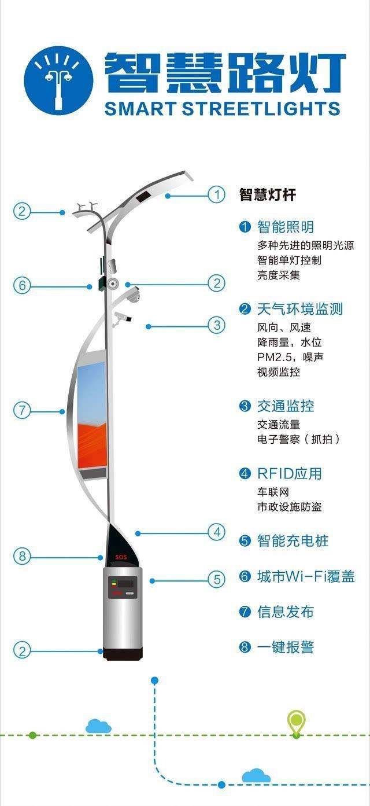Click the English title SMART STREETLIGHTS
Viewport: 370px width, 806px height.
tap(222, 109)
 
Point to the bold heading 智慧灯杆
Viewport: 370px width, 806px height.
tap(268, 195)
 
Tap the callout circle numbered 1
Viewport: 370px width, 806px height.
tap(216, 195)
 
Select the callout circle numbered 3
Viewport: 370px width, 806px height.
tap(216, 326)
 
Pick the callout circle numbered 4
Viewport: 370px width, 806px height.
tap(216, 532)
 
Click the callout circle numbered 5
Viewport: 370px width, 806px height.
tap(216, 579)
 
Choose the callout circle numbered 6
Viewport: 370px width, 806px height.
tap(22, 286)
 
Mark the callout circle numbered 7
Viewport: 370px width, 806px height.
tap(22, 411)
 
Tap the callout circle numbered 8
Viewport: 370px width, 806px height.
tap(22, 557)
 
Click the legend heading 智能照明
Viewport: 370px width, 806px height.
tap(285, 227)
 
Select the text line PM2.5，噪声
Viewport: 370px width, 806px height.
tap(290, 357)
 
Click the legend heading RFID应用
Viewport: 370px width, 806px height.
tap(289, 474)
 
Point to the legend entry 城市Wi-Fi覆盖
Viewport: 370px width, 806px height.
tap(305, 577)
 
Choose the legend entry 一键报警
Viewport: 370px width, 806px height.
tap(285, 647)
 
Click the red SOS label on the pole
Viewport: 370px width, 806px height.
tap(120, 557)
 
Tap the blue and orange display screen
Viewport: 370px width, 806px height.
tap(92, 415)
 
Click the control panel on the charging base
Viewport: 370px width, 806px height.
tap(124, 586)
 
